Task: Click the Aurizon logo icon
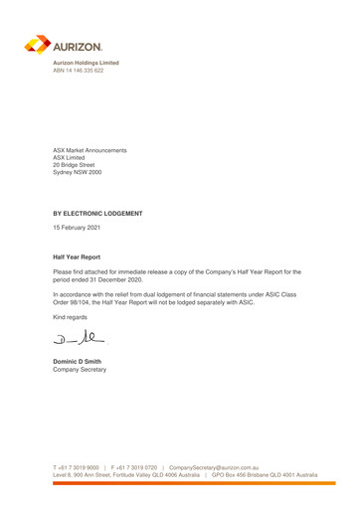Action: click(38, 45)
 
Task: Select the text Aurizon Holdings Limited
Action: click(85, 63)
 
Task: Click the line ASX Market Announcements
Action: click(90, 150)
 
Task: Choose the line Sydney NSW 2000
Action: click(79, 174)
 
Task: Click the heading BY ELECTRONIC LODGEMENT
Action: click(98, 214)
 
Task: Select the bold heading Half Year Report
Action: click(77, 257)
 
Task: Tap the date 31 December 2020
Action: click(120, 279)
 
